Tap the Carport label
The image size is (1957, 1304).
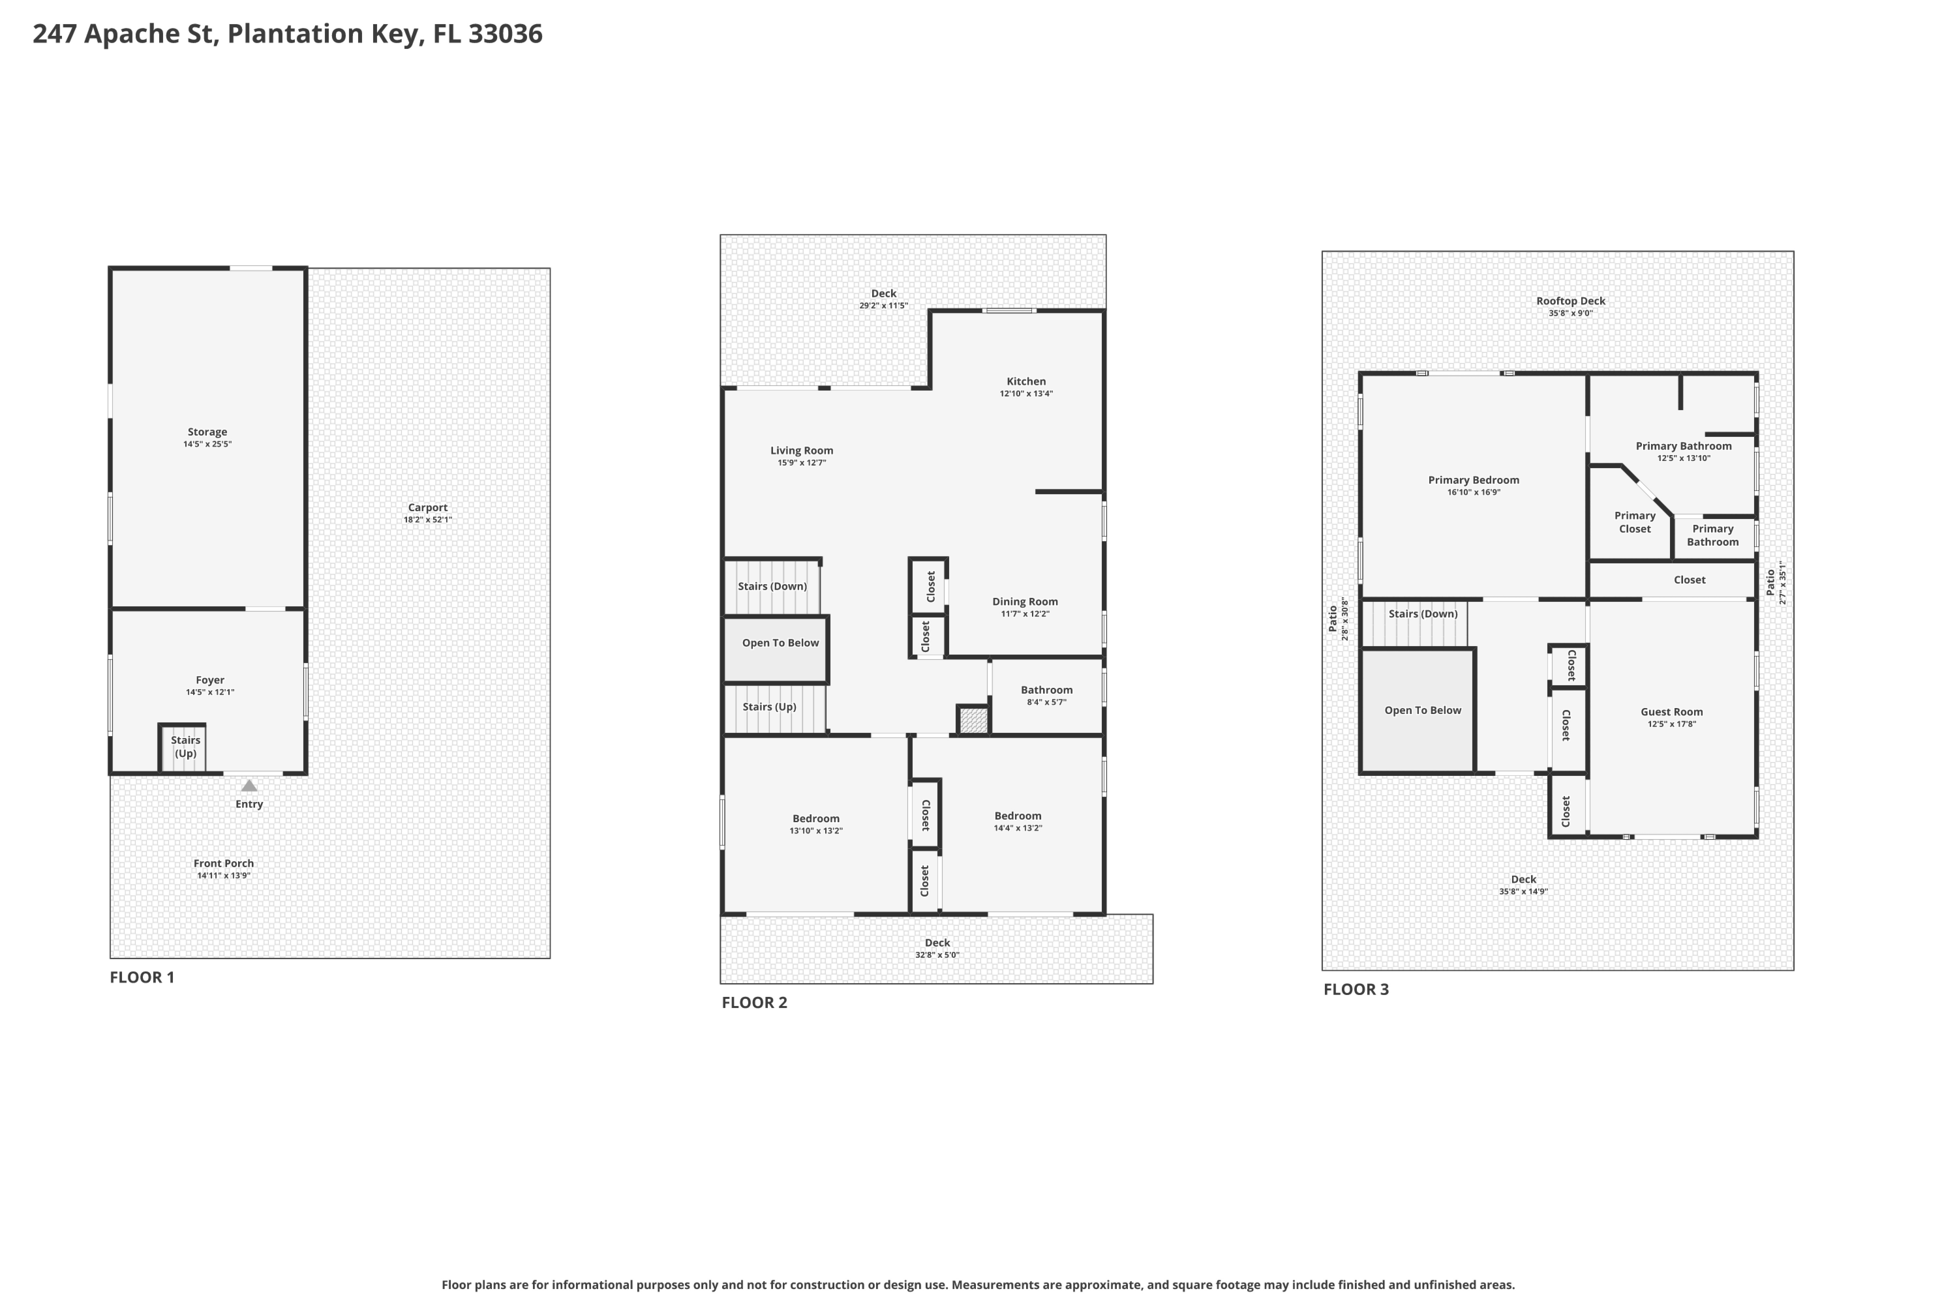[428, 507]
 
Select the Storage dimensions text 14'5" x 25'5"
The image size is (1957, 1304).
[207, 444]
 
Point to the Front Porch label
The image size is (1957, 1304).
[223, 863]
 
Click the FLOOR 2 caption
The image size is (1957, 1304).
[754, 1002]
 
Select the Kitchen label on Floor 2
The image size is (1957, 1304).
[1026, 381]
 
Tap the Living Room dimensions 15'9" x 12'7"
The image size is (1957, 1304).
[801, 462]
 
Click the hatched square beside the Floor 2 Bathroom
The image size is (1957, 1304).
[973, 719]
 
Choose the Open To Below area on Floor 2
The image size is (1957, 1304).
[776, 649]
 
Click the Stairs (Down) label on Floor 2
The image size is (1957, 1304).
[772, 586]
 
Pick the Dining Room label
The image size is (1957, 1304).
[1024, 601]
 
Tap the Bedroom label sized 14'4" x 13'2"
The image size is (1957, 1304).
[1018, 816]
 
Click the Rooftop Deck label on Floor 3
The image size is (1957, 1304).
[1570, 301]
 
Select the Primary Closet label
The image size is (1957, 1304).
[1634, 522]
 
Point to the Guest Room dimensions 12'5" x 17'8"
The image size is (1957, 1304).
[1671, 724]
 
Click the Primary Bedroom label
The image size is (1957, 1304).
[1473, 480]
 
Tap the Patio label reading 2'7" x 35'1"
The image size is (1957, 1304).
[1776, 582]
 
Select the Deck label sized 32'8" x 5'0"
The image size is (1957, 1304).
[937, 942]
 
